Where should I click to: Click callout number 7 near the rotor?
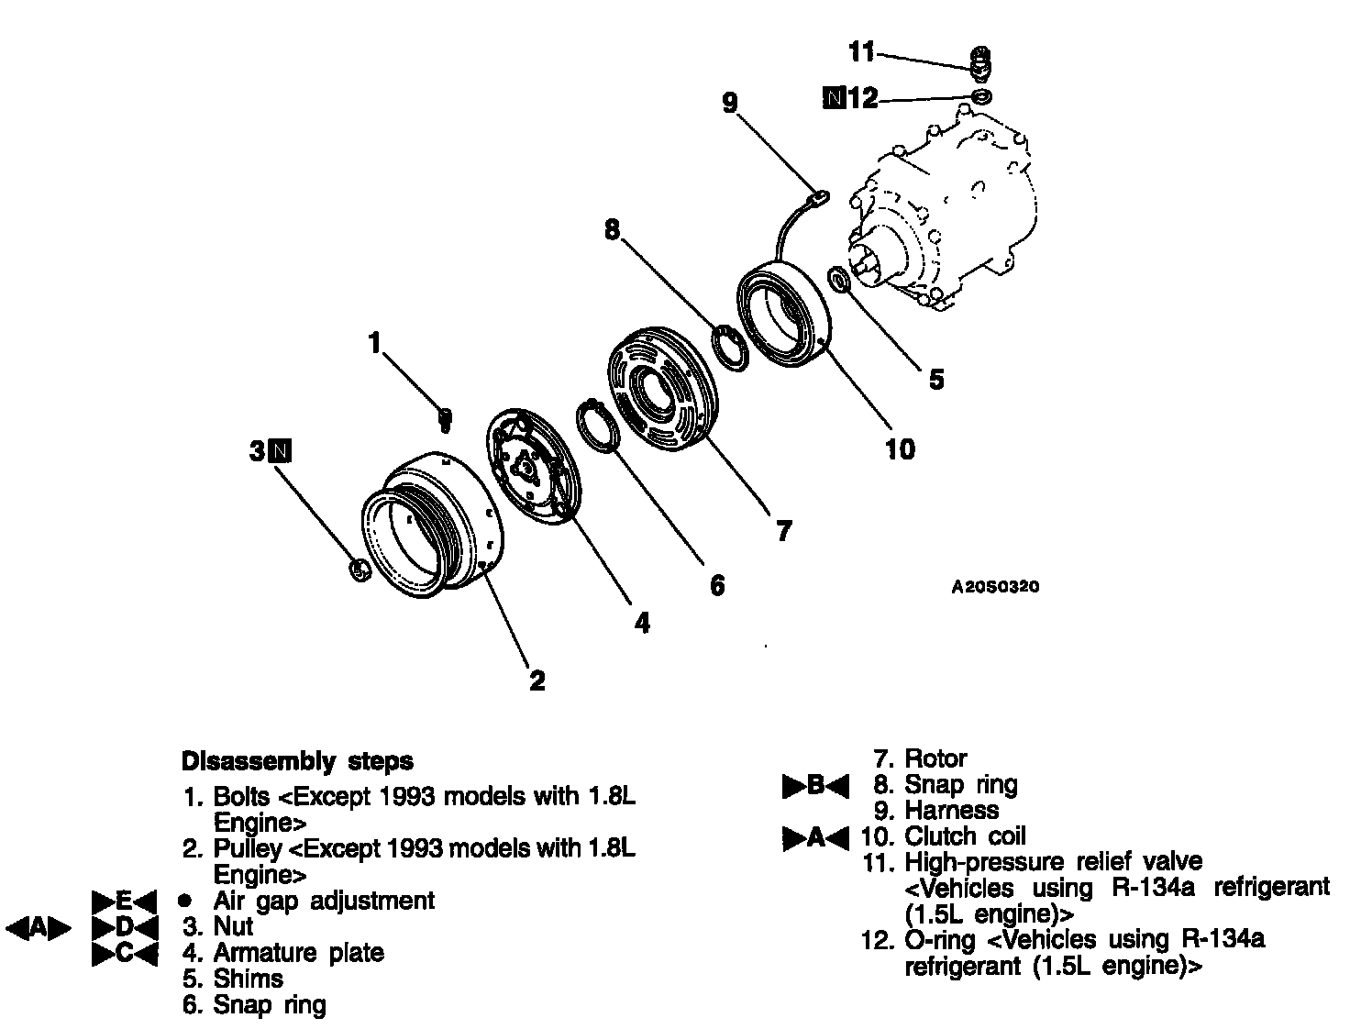(783, 531)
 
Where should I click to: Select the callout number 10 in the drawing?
(900, 449)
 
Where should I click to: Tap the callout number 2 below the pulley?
(537, 680)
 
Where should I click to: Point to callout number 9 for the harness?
(730, 103)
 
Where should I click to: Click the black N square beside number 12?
(834, 97)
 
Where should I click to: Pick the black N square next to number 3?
(282, 450)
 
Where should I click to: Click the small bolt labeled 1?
(446, 419)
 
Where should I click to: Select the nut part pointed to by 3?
(360, 570)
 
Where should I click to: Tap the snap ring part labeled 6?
(596, 426)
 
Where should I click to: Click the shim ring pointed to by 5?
(839, 280)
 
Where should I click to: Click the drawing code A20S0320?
(995, 587)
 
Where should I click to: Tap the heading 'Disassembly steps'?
(297, 761)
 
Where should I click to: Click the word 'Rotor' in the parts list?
(935, 758)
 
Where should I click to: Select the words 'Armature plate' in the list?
(298, 953)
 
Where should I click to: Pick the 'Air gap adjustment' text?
(324, 901)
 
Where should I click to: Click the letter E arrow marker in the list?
(125, 901)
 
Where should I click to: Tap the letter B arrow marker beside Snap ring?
(815, 786)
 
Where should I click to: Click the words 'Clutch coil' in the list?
(965, 836)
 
